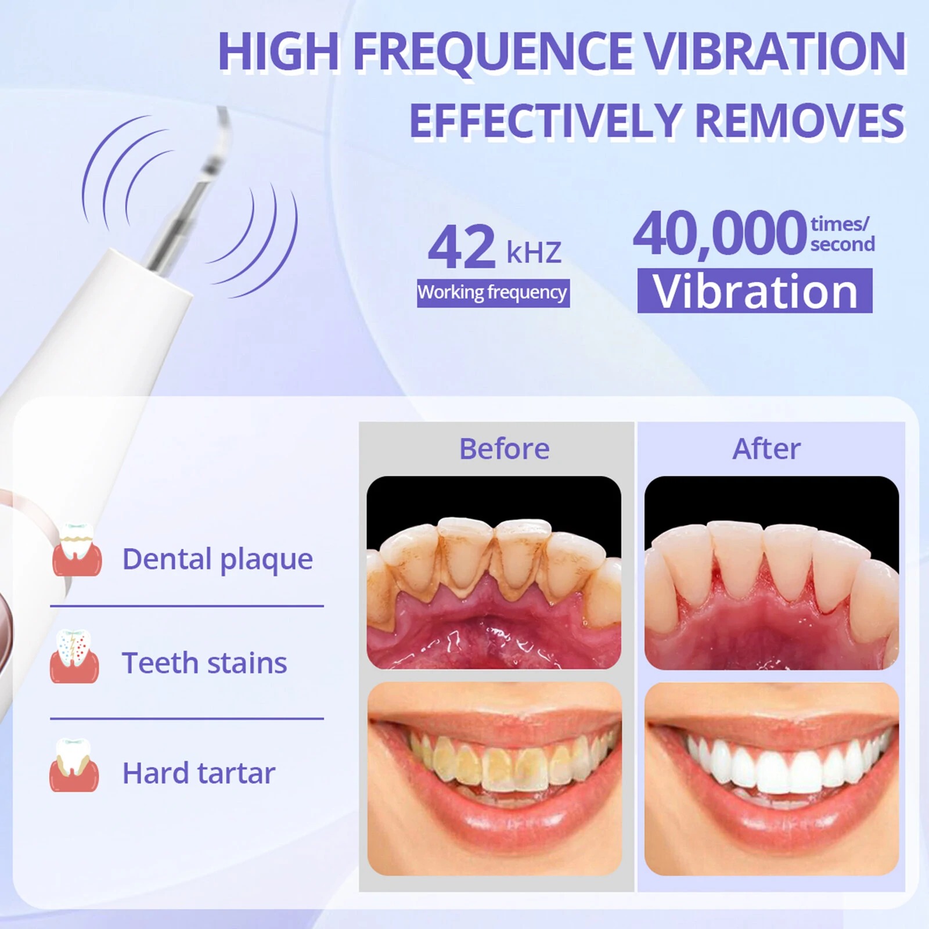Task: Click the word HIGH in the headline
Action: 279,52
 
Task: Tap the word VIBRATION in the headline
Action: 776,52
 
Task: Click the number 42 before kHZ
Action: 462,247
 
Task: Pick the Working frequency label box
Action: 493,293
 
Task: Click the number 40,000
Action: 719,233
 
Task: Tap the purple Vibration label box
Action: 755,291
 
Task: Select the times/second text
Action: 842,233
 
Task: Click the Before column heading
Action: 504,448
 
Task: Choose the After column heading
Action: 766,448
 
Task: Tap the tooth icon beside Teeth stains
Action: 74,657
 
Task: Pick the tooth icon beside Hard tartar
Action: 74,765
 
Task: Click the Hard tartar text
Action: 199,773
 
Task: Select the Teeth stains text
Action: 204,662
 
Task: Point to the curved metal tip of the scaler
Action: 223,125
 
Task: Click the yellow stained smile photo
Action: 495,779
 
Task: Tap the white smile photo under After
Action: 772,779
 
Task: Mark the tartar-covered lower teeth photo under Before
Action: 494,572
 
